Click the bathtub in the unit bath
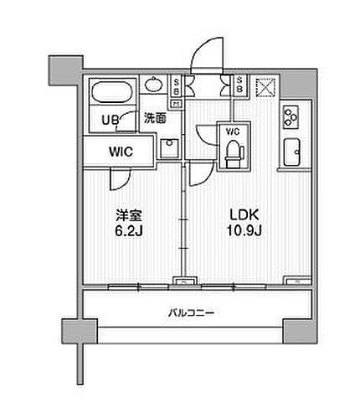[x=112, y=92]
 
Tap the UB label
[x=111, y=121]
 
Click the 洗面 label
[x=155, y=118]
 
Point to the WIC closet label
[x=121, y=152]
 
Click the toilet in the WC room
[x=234, y=154]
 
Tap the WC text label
[x=234, y=131]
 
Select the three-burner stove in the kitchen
[x=291, y=116]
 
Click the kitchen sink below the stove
[x=292, y=152]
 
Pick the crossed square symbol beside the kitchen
[x=265, y=87]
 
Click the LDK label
[x=244, y=214]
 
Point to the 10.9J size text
[x=244, y=230]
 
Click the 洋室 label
[x=129, y=215]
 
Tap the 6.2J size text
[x=129, y=231]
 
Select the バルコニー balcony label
[x=191, y=312]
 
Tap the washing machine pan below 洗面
[x=169, y=148]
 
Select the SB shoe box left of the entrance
[x=177, y=86]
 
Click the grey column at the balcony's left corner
[x=80, y=332]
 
